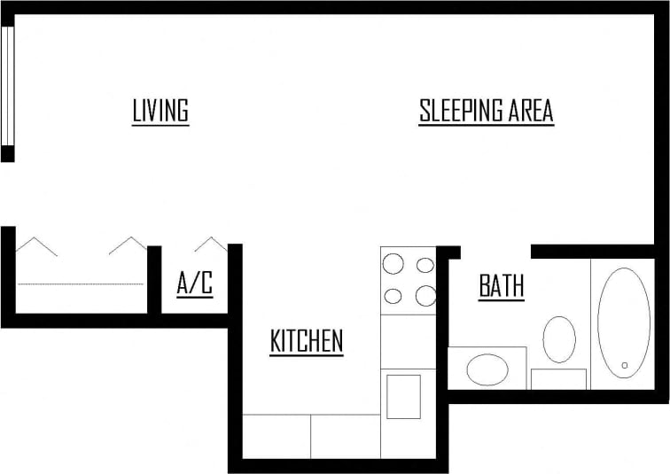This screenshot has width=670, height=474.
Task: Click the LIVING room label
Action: pyautogui.click(x=160, y=112)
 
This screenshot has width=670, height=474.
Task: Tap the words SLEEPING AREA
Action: pyautogui.click(x=486, y=112)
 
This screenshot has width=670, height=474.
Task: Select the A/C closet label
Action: pyautogui.click(x=195, y=284)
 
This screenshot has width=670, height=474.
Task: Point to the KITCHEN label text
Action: pyautogui.click(x=307, y=341)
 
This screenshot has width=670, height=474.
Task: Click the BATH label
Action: pyautogui.click(x=502, y=286)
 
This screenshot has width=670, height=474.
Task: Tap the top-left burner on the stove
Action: pyautogui.click(x=392, y=264)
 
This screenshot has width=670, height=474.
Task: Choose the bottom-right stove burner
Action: pyautogui.click(x=425, y=296)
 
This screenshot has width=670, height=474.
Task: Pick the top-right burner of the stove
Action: pyautogui.click(x=425, y=264)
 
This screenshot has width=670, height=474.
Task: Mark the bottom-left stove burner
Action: pyautogui.click(x=392, y=296)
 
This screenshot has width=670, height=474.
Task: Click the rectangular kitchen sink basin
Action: pyautogui.click(x=403, y=396)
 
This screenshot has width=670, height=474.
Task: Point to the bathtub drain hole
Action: pyautogui.click(x=625, y=364)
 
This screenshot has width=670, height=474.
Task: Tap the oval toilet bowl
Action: pyautogui.click(x=559, y=339)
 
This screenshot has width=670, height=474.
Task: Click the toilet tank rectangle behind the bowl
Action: pyautogui.click(x=558, y=379)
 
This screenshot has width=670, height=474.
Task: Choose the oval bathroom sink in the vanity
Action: pyautogui.click(x=487, y=369)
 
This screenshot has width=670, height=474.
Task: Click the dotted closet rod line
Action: pyautogui.click(x=80, y=284)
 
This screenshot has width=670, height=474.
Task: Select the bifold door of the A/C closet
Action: pyautogui.click(x=211, y=244)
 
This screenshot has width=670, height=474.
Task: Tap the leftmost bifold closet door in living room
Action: pyautogui.click(x=36, y=245)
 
